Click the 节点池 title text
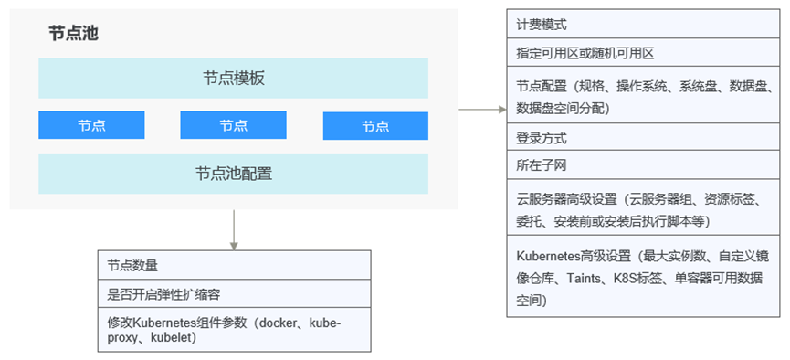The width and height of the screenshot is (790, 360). pos(73,34)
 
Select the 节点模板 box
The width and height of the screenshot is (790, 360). pos(233,79)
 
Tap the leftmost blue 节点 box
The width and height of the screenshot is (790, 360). pos(91,125)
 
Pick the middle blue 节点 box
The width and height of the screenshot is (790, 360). pos(233,125)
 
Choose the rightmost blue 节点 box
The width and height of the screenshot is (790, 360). pos(375,125)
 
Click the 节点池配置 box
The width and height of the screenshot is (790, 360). pos(233,174)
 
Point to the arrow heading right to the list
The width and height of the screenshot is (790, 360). pos(482,109)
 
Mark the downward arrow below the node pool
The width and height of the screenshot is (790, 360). pos(233,229)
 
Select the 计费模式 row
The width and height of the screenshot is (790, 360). pos(643,25)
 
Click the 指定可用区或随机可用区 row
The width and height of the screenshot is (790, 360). pos(643,53)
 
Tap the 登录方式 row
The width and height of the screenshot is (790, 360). pos(643,137)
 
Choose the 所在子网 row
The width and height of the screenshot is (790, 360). pos(643,164)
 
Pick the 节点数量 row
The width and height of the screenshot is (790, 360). pos(235,265)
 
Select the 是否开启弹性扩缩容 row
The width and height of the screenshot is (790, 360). pos(235,294)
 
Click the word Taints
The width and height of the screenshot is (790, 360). pos(584,278)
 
